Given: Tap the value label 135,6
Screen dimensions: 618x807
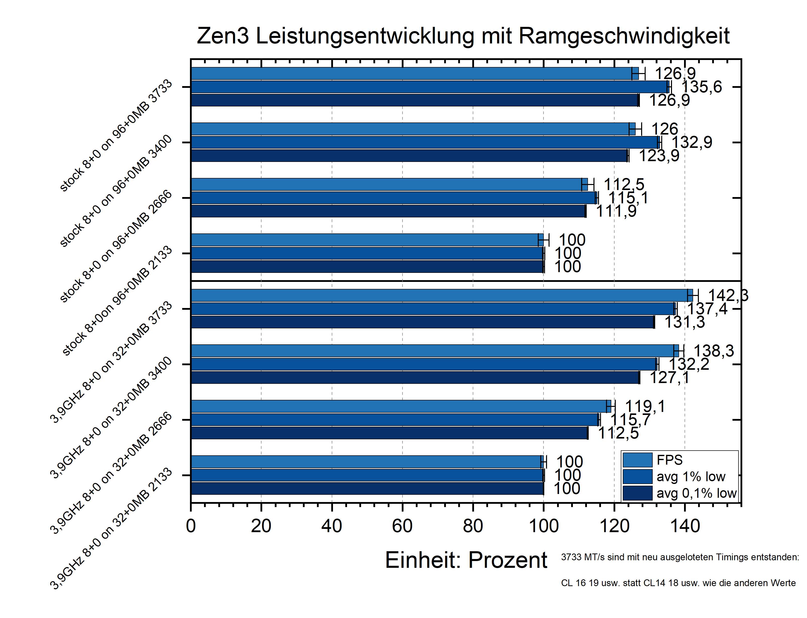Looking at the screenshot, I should tap(702, 87).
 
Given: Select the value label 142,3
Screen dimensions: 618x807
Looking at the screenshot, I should tap(728, 295).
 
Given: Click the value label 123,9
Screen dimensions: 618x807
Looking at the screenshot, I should tap(659, 156).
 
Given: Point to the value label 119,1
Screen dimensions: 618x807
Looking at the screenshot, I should tap(645, 406).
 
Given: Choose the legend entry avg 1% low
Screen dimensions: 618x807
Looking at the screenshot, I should tap(691, 476).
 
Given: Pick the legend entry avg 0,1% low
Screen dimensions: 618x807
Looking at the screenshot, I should tap(696, 493).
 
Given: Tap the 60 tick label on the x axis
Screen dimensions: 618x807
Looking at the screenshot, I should tap(402, 526).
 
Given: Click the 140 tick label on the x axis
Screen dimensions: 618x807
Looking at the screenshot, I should tap(685, 526).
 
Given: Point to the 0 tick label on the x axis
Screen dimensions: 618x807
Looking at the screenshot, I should tap(191, 526).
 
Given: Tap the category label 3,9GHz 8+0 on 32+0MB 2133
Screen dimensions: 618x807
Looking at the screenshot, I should tap(111, 528).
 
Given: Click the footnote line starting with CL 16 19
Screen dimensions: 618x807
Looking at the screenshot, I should tap(678, 583).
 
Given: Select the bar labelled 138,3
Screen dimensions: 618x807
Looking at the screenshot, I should tap(434, 351).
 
